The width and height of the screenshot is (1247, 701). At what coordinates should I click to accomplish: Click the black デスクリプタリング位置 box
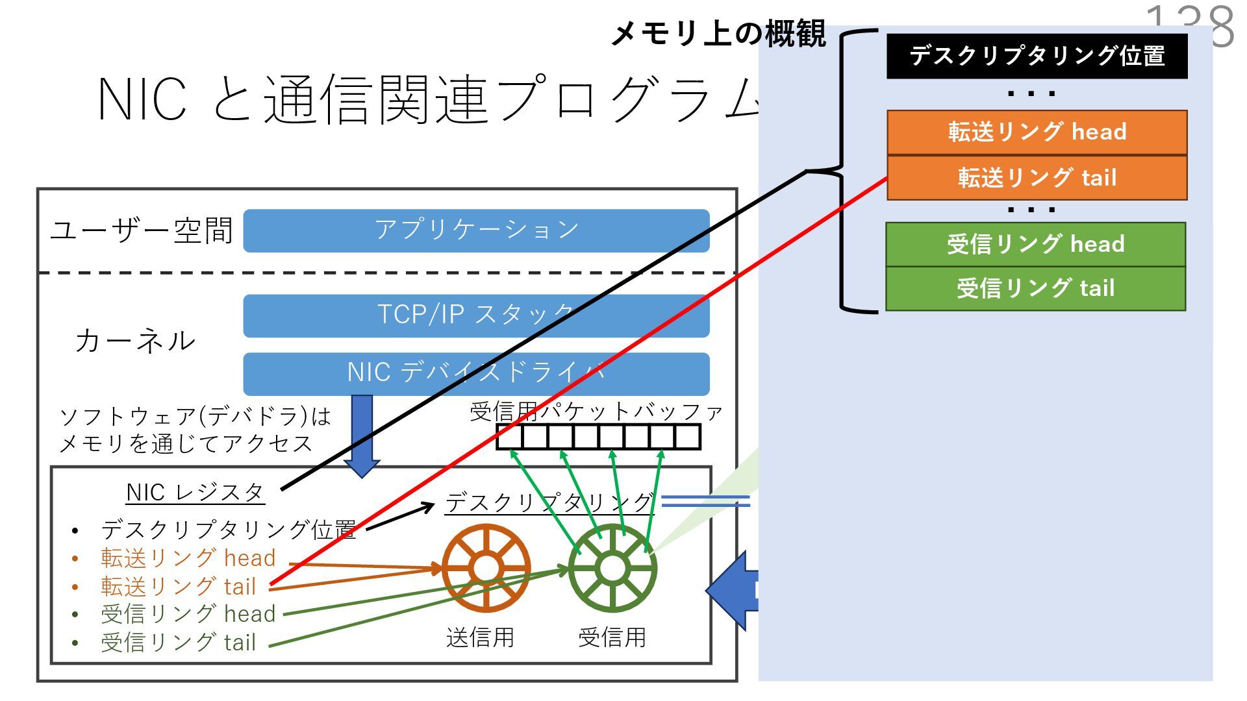click(1037, 56)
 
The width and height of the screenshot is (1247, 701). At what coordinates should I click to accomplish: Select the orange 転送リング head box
click(1037, 132)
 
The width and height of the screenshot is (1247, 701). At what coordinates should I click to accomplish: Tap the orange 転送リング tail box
click(1037, 177)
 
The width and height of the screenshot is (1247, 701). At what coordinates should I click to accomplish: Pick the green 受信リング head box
click(1035, 244)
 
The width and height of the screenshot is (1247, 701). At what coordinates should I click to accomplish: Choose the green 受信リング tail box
click(1035, 288)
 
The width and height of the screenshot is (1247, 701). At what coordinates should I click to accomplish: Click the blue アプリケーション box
click(476, 230)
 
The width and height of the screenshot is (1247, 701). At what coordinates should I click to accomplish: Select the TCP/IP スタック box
click(476, 315)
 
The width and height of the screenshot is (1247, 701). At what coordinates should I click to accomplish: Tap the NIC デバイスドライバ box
click(476, 373)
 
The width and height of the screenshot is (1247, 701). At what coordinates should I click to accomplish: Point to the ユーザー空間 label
click(141, 230)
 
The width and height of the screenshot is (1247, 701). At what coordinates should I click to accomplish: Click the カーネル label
click(135, 341)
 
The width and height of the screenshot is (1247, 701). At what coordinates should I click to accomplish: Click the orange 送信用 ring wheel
click(486, 569)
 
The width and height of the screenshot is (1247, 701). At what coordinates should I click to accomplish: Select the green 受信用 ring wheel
click(612, 569)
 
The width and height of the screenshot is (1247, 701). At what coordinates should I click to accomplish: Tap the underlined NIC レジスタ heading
click(195, 493)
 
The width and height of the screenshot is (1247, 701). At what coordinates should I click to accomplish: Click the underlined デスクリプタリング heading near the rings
click(549, 503)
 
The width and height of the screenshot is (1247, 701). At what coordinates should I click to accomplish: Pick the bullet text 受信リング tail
click(178, 643)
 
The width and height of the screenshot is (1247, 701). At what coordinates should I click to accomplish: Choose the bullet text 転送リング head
click(188, 558)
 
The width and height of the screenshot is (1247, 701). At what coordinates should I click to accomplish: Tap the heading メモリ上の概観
click(718, 34)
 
